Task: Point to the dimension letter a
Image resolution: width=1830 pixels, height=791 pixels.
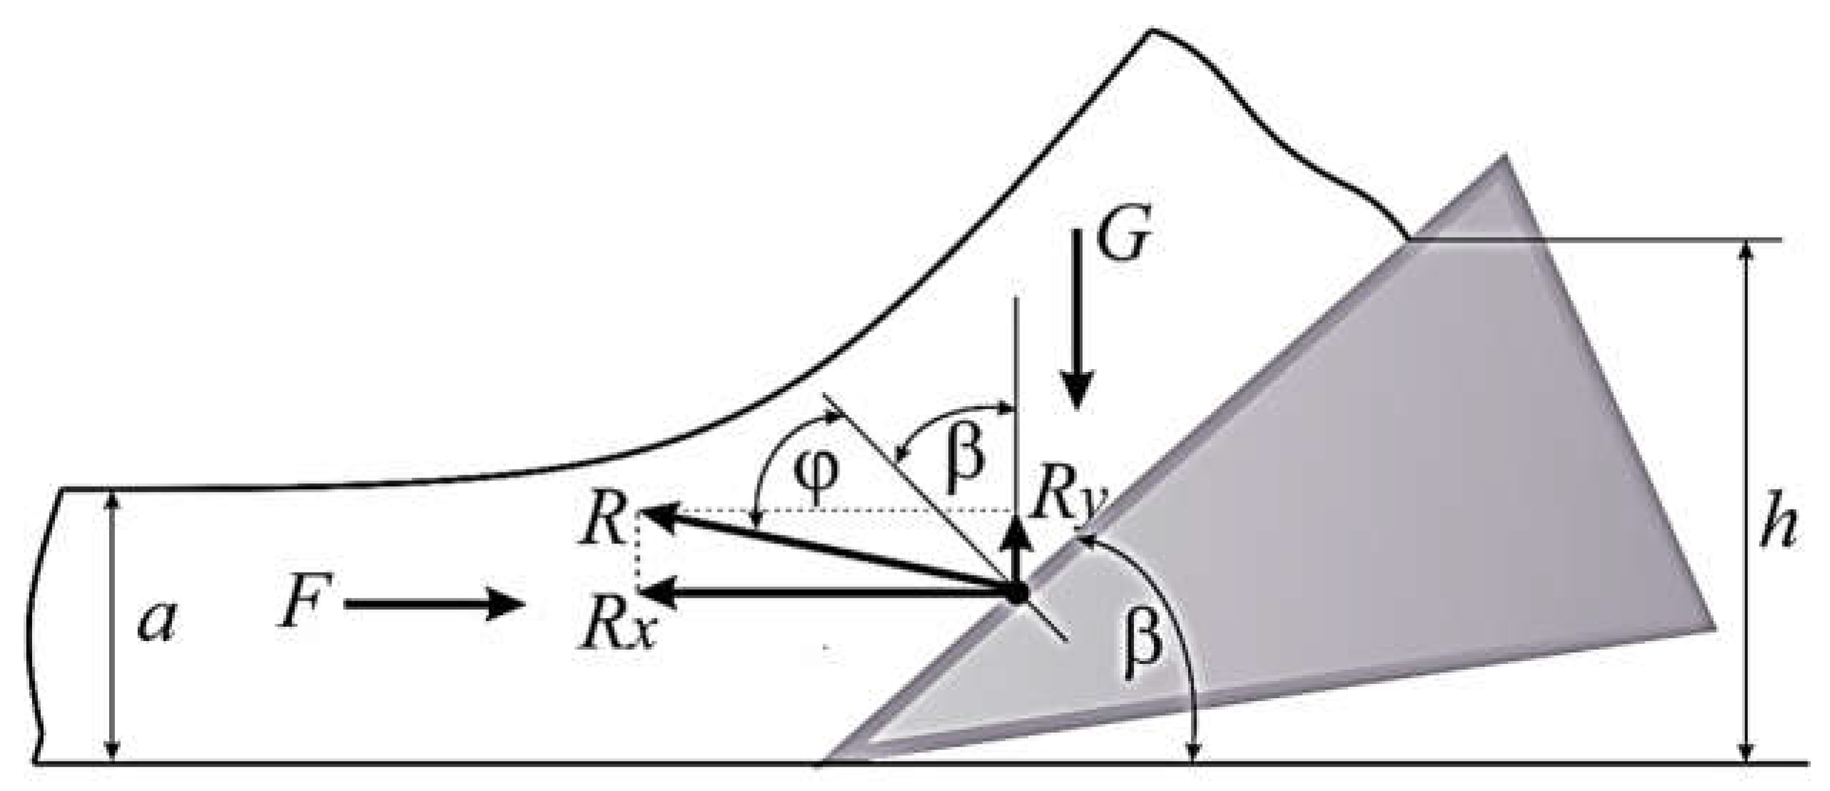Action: click(157, 621)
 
